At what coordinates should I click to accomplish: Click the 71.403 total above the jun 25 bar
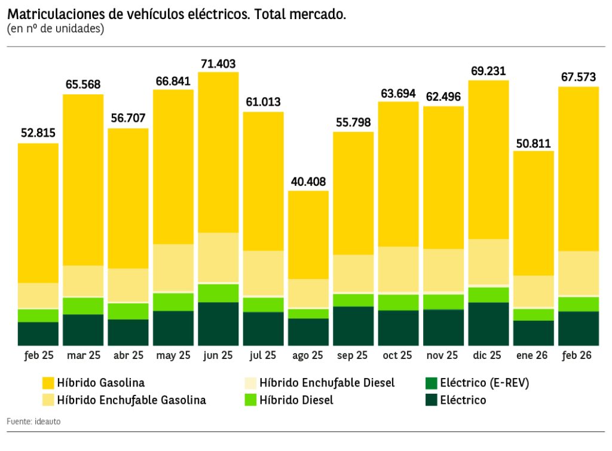pyautogui.click(x=218, y=63)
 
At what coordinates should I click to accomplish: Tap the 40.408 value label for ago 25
pyautogui.click(x=308, y=182)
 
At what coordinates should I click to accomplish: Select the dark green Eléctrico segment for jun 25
pyautogui.click(x=218, y=323)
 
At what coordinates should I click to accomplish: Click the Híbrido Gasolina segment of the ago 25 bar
pyautogui.click(x=308, y=234)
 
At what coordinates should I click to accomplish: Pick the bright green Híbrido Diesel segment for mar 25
pyautogui.click(x=83, y=305)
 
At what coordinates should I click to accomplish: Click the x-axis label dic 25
pyautogui.click(x=488, y=355)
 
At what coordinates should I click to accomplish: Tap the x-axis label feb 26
pyautogui.click(x=577, y=355)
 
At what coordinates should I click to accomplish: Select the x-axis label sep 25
pyautogui.click(x=353, y=355)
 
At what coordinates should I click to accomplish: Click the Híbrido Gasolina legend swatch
pyautogui.click(x=48, y=382)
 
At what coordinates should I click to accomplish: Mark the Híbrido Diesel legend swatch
pyautogui.click(x=252, y=400)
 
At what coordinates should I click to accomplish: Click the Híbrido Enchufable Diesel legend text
pyautogui.click(x=327, y=382)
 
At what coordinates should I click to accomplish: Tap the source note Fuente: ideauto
pyautogui.click(x=33, y=422)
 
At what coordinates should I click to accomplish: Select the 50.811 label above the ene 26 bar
pyautogui.click(x=533, y=143)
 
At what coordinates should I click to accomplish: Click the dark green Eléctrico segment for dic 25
pyautogui.click(x=488, y=323)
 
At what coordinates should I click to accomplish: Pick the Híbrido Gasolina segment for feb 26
pyautogui.click(x=578, y=168)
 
